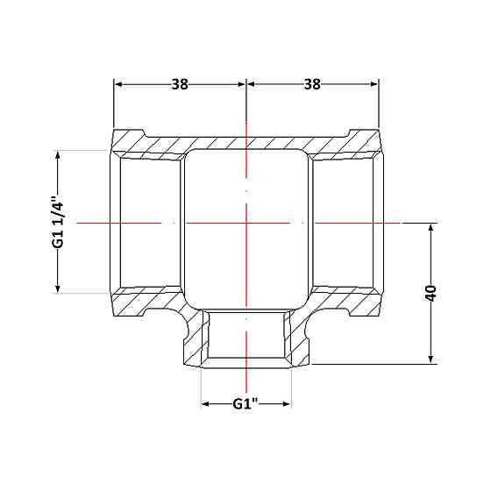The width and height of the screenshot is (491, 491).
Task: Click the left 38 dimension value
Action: tap(180, 84)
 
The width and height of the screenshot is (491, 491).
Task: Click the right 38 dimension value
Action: tap(312, 84)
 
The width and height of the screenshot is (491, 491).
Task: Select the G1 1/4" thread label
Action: tap(58, 222)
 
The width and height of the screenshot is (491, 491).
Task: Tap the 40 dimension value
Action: tap(431, 294)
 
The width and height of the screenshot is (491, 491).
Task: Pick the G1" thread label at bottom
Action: tap(245, 404)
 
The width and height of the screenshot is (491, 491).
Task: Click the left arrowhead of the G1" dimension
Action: tap(205, 404)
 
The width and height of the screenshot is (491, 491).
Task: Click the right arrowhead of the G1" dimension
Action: tap(287, 404)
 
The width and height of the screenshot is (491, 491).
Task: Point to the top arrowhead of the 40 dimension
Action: tap(431, 228)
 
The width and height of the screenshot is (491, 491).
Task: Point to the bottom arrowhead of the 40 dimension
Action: tap(431, 359)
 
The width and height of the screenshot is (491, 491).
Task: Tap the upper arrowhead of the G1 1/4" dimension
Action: tap(58, 155)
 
